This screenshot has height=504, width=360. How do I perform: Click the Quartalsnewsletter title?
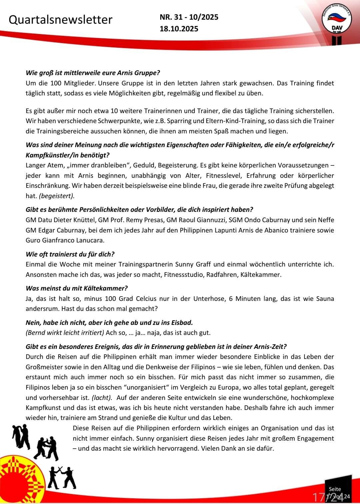tap(60, 20)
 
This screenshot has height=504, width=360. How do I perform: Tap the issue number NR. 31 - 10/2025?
tap(189, 17)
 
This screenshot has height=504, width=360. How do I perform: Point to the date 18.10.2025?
tap(179, 29)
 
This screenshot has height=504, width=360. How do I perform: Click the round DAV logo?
tap(337, 19)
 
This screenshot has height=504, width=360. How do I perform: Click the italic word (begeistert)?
tap(57, 196)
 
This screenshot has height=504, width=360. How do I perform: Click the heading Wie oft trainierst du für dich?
tap(70, 254)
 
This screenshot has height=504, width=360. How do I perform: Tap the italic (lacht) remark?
tap(102, 398)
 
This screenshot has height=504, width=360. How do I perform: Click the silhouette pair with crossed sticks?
tap(62, 478)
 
